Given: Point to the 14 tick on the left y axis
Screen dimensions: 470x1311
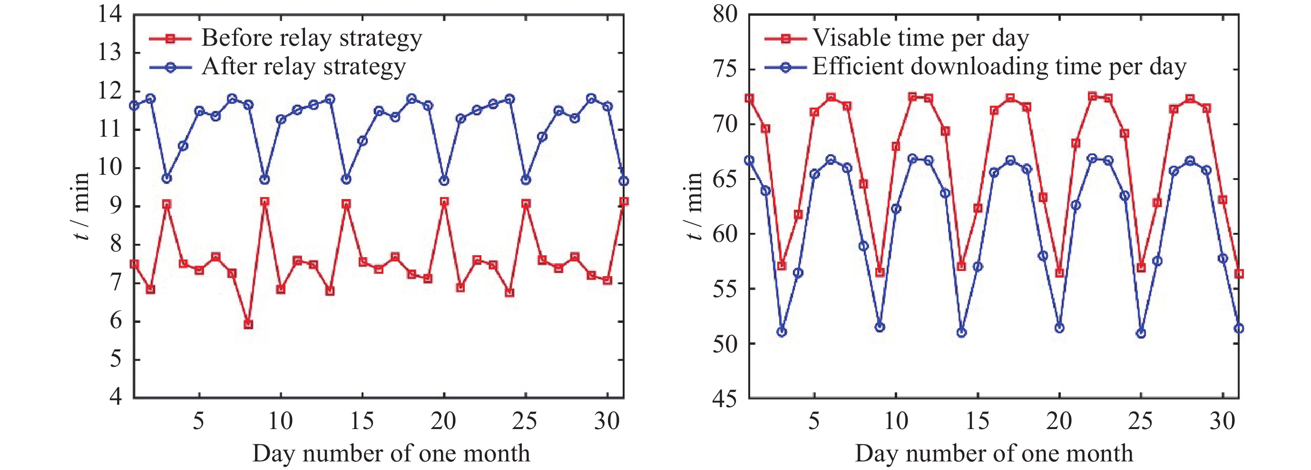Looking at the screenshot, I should [110, 14].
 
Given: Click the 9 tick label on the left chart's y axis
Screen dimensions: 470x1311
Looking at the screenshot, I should [116, 206].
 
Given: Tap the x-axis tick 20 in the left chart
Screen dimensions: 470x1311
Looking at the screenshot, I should [443, 421].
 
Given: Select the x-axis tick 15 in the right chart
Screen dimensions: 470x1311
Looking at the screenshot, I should [977, 421].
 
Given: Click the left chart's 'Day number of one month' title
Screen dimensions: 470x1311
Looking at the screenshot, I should [391, 453].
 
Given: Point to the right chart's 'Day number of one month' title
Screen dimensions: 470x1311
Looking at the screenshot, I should [994, 453].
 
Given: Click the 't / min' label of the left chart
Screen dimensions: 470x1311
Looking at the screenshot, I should [81, 206].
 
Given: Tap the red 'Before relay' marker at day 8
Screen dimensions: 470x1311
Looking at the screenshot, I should [248, 324].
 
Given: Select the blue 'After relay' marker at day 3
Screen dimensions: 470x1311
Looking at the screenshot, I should [166, 178].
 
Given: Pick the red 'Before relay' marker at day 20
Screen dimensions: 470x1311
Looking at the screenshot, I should [444, 201].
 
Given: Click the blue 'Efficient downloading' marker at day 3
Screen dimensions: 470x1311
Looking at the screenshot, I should [782, 332].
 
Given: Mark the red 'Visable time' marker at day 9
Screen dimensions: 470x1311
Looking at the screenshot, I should [880, 272].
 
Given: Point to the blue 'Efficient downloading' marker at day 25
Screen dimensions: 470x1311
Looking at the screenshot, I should [1141, 333].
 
